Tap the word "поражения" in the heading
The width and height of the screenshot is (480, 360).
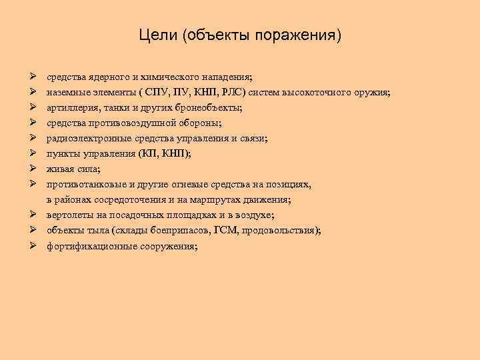[x=301, y=34]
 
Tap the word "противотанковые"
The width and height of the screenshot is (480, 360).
[x=82, y=184]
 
